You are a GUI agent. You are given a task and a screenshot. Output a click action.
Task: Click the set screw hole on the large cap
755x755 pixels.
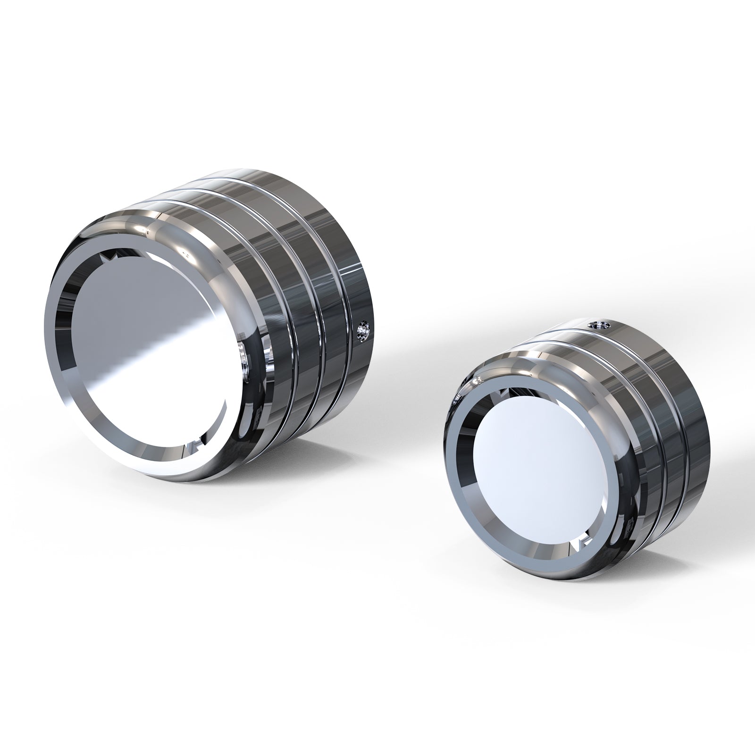362,327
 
